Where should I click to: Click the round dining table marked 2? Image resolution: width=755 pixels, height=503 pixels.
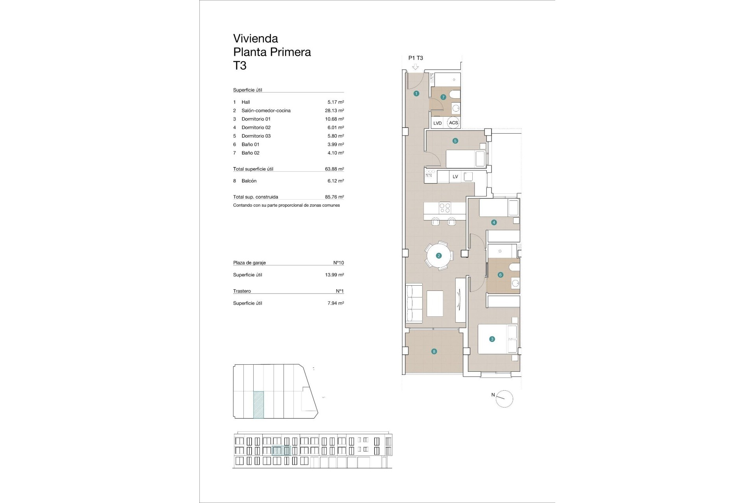[438, 256]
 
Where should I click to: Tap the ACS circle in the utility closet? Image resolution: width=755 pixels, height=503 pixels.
[453, 123]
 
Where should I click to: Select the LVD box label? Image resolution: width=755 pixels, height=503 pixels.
[437, 123]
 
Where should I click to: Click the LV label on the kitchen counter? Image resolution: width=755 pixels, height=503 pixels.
[455, 177]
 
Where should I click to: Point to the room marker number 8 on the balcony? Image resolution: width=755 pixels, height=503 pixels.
[434, 352]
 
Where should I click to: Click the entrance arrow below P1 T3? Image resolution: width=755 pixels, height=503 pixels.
[415, 67]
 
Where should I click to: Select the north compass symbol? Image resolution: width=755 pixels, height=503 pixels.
[504, 399]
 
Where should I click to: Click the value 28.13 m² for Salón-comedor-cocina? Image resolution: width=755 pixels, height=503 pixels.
[334, 111]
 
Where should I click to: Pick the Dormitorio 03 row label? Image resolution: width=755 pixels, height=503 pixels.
[256, 136]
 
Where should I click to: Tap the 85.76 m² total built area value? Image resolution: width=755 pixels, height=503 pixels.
[334, 197]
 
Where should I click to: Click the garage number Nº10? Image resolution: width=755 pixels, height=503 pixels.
[338, 263]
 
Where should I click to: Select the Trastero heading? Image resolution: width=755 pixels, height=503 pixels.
[242, 291]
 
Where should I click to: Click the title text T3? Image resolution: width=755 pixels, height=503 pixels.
[240, 65]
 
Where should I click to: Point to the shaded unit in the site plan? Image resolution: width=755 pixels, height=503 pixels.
[258, 405]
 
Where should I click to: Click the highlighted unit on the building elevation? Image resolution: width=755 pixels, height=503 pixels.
[281, 451]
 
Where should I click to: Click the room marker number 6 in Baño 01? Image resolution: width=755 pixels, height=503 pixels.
[500, 275]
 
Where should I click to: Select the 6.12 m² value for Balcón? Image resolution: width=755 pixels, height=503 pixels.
[335, 181]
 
